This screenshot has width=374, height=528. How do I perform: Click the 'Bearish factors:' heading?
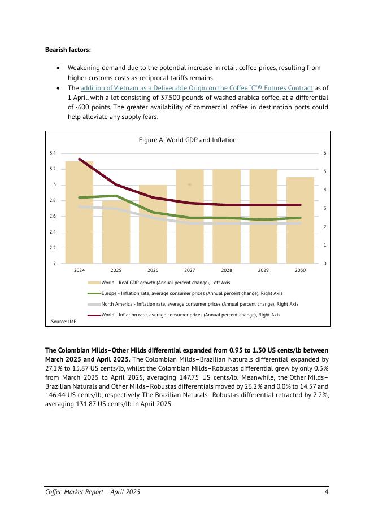[64, 50]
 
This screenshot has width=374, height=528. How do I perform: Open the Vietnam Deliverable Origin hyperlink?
[196, 88]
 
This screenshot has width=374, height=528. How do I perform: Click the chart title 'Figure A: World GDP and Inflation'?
[188, 140]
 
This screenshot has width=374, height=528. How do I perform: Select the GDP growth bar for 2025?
[116, 231]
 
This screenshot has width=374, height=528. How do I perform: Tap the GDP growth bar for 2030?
[300, 220]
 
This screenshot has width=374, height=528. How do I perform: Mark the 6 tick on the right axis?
[324, 153]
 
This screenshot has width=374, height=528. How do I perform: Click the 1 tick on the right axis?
[324, 245]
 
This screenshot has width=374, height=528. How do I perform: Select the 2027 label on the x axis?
[190, 271]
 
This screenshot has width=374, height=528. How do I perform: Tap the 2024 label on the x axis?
[79, 271]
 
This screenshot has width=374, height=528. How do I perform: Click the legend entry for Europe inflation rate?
[192, 293]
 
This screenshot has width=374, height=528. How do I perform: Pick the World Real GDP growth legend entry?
[166, 282]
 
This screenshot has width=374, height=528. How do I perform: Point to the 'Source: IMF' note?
[64, 321]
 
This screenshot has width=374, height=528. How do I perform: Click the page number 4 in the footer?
[327, 492]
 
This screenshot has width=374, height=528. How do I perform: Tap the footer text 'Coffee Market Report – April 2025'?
[93, 492]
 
